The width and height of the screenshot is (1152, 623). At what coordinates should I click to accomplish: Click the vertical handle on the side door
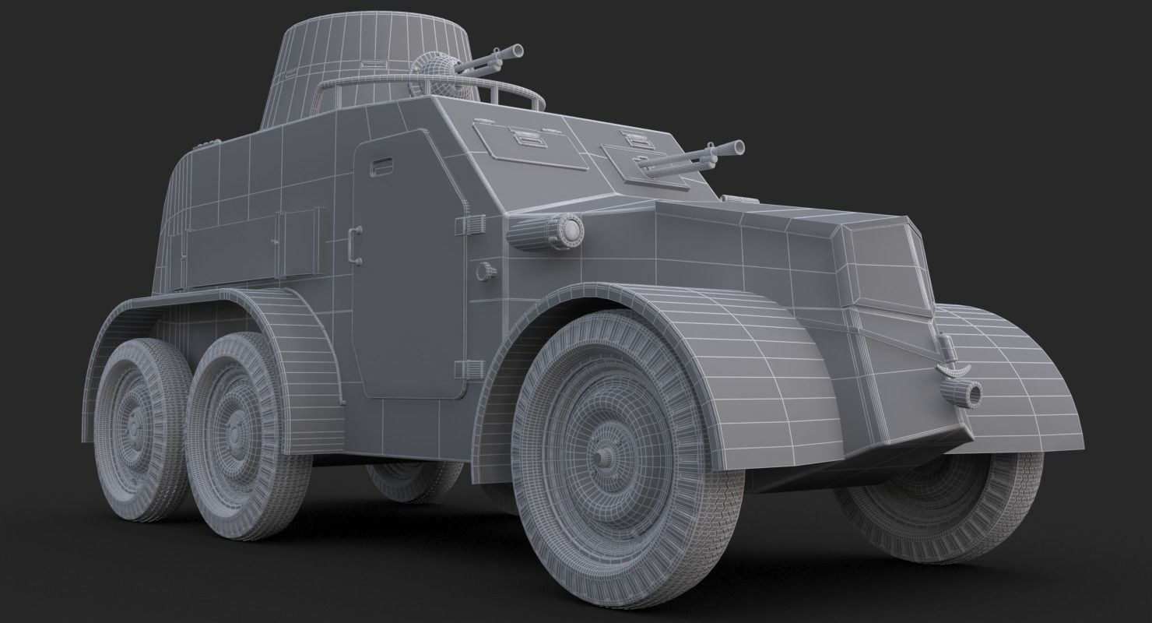pos(355,245)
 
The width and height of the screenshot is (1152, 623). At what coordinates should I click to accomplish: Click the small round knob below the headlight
pos(486,271)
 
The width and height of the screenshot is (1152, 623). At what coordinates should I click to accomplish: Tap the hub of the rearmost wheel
pos(135,425)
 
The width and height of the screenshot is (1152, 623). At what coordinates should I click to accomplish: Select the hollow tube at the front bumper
pos(970,392)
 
